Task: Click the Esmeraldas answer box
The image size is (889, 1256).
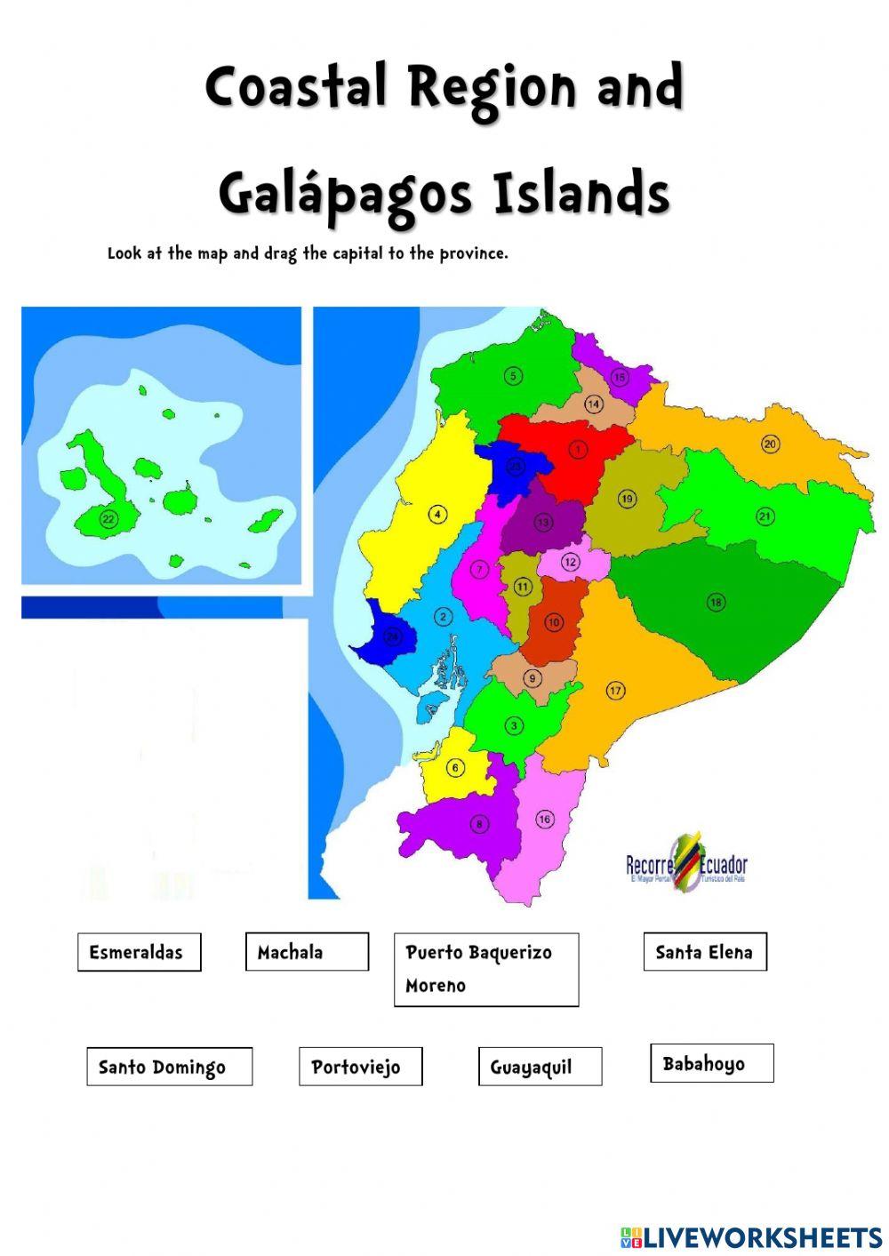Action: tap(139, 952)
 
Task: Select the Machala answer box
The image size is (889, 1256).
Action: tap(307, 952)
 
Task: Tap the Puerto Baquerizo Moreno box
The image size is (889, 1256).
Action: tap(485, 969)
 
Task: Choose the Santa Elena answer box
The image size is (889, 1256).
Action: tap(704, 952)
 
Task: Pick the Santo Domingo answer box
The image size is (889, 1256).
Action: tap(169, 1067)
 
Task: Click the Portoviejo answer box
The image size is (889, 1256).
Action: tap(360, 1067)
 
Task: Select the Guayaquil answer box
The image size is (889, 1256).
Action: tap(539, 1067)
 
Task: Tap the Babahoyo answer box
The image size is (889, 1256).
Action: tap(711, 1063)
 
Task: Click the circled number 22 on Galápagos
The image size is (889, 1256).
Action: tap(108, 520)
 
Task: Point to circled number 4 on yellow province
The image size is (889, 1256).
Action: tap(436, 514)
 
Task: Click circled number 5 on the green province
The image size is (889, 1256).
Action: tap(513, 376)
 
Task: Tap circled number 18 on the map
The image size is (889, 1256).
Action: tap(716, 603)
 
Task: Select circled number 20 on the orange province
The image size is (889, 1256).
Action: tap(770, 444)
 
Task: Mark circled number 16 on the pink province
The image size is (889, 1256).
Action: tap(545, 820)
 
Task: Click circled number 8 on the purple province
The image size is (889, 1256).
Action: tap(480, 824)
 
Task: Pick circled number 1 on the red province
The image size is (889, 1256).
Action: tap(578, 450)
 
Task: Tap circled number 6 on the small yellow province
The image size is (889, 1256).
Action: tap(455, 768)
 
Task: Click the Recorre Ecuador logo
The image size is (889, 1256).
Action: tap(686, 864)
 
